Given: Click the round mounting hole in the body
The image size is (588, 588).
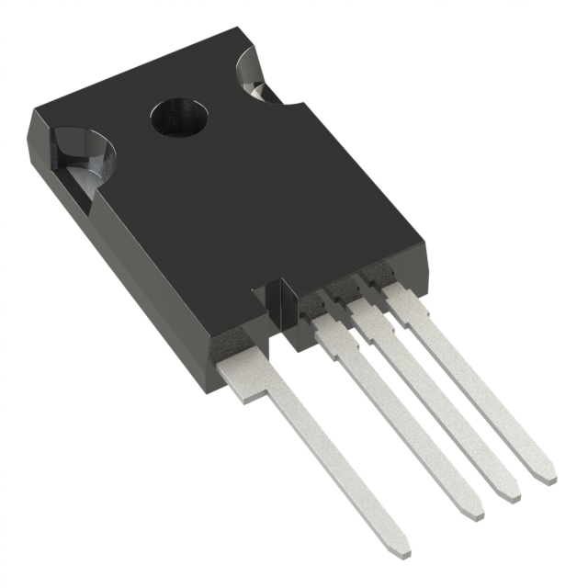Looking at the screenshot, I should (x=176, y=117).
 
